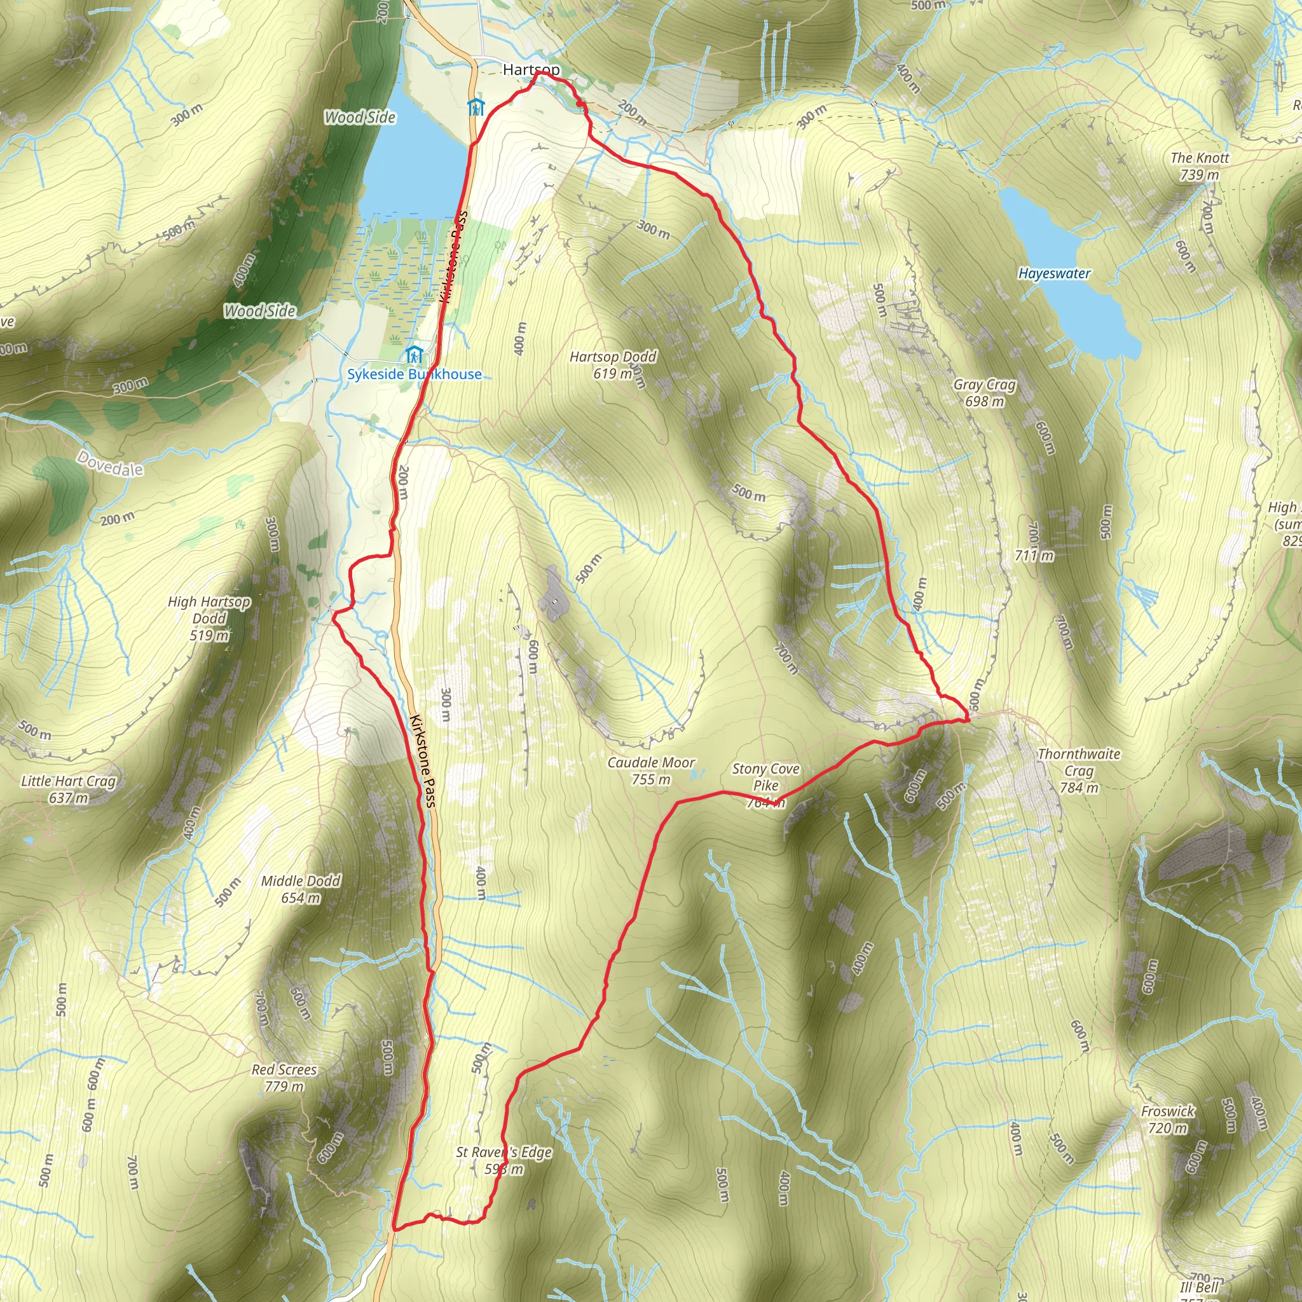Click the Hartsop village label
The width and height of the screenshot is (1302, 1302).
pos(530,69)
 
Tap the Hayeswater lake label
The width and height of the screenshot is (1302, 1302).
pos(1054,273)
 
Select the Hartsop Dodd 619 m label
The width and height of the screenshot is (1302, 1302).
pos(613,364)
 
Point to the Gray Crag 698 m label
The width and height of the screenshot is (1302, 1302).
pos(984,393)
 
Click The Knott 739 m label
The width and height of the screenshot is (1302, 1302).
pos(1200,166)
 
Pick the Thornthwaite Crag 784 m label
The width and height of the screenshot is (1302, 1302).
pos(1078,771)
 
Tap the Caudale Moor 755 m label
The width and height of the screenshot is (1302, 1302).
pos(651,771)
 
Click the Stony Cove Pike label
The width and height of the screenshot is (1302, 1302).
pos(765,778)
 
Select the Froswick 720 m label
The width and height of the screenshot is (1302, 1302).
pos(1168,1120)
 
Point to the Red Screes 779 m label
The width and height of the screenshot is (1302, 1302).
pos(284,1078)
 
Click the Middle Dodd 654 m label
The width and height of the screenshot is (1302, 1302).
pos(301,889)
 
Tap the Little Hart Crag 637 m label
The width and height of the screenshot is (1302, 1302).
pos(69,789)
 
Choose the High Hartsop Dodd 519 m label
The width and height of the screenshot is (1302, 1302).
pos(209,618)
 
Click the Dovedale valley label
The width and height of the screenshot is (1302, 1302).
pos(111,463)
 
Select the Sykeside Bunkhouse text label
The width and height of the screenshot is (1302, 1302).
pos(415,374)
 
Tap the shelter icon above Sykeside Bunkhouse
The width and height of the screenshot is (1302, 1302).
pos(414,355)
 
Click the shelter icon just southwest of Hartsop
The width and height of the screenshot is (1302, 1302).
pos(476,107)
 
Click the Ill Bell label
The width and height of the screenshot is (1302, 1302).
pos(1200,1287)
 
